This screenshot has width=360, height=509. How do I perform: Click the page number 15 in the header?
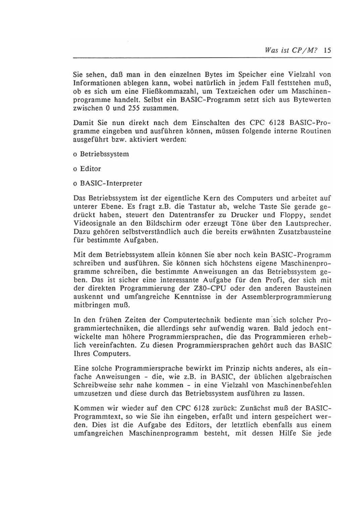[x=327, y=51]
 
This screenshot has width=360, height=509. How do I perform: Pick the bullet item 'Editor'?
[x=90, y=169]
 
